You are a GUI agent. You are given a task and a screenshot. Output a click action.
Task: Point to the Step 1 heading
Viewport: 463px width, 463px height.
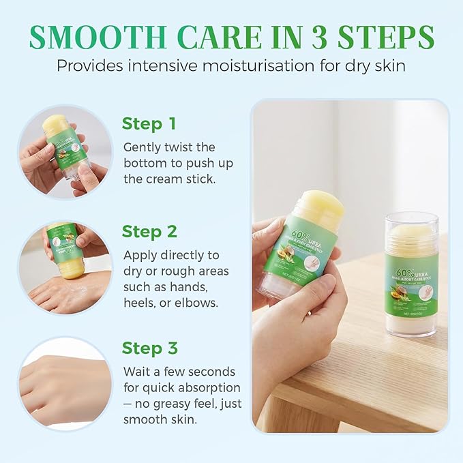click(149, 123)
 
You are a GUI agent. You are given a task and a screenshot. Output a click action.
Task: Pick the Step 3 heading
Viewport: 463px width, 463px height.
click(149, 348)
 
